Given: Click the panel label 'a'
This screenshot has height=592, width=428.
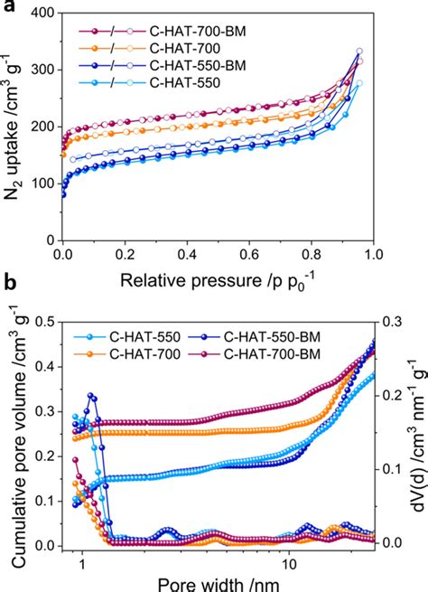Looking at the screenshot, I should click(6, 8).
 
